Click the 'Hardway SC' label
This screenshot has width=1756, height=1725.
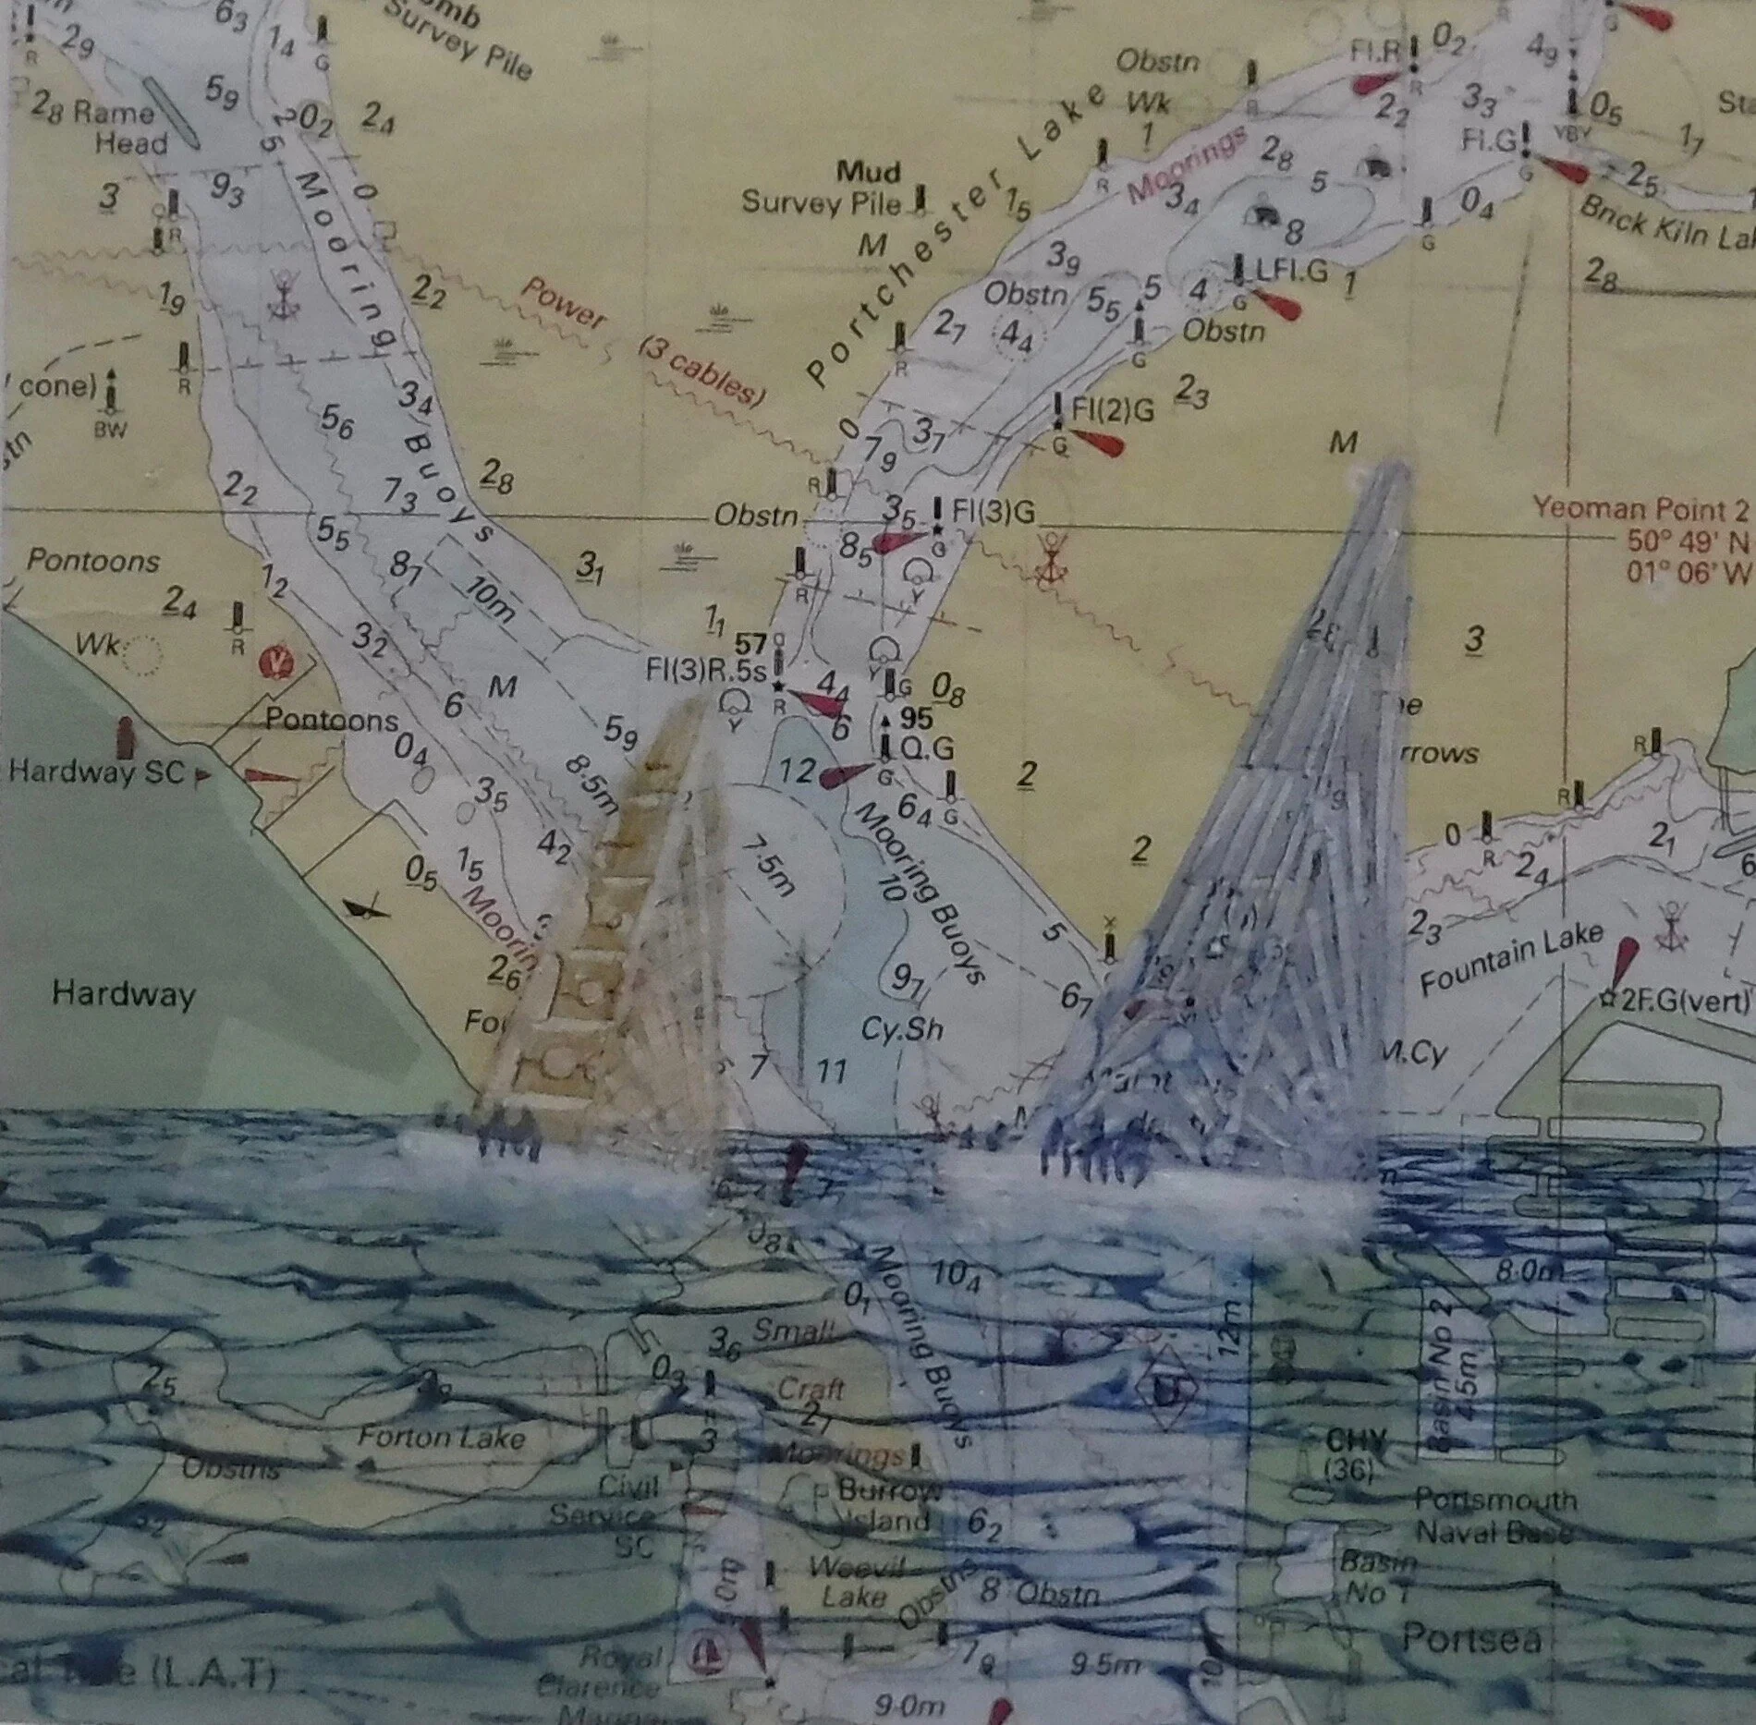(96, 772)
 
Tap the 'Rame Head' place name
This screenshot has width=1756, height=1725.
(119, 128)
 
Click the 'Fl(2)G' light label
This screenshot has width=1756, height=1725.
(1113, 409)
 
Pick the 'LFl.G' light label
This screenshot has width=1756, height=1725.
(1291, 270)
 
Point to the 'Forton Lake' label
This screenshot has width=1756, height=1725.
(441, 1437)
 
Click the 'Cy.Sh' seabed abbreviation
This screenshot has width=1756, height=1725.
(901, 1027)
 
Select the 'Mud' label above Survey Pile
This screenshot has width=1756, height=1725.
(868, 172)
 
